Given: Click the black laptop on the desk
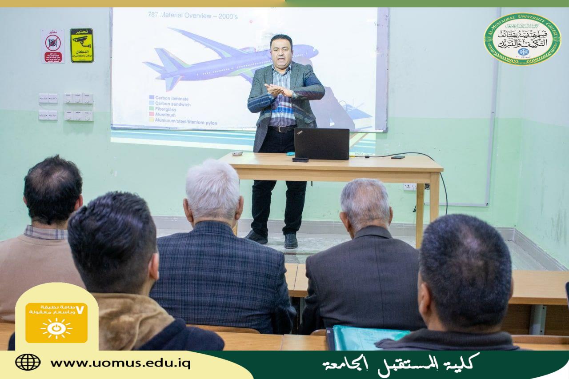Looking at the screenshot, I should pyautogui.click(x=321, y=144).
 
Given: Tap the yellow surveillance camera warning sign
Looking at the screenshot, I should pyautogui.click(x=82, y=45).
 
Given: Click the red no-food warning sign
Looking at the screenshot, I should pyautogui.click(x=53, y=46).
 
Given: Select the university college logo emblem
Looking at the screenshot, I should pyautogui.click(x=522, y=39).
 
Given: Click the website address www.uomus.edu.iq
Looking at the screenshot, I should pyautogui.click(x=120, y=363).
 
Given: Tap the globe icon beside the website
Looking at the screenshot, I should pyautogui.click(x=28, y=362).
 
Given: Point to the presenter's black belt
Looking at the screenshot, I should pyautogui.click(x=282, y=129).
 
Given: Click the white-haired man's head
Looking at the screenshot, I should pyautogui.click(x=213, y=191).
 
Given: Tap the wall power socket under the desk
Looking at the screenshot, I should pyautogui.click(x=409, y=187).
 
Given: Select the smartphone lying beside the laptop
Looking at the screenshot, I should pyautogui.click(x=300, y=160).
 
